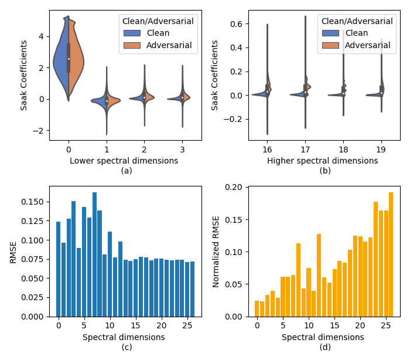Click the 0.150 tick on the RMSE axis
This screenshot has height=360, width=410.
pos(34,202)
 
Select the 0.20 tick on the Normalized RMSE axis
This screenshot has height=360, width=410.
pos(234,188)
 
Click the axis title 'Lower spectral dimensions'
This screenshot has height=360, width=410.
pos(124,161)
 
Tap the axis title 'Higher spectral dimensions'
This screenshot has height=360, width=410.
pos(323,161)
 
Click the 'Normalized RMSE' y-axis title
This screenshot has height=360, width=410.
pos(216,251)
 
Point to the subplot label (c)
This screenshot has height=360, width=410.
pos(127,347)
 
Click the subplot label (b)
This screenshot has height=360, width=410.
pos(326,171)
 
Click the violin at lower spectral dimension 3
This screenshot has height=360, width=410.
pos(182,99)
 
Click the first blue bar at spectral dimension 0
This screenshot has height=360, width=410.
pos(58,269)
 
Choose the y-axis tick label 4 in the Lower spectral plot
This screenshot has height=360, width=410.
pos(40,36)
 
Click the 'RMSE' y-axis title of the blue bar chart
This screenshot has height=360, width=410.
pos(13,251)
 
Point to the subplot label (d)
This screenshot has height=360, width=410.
pos(326,347)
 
